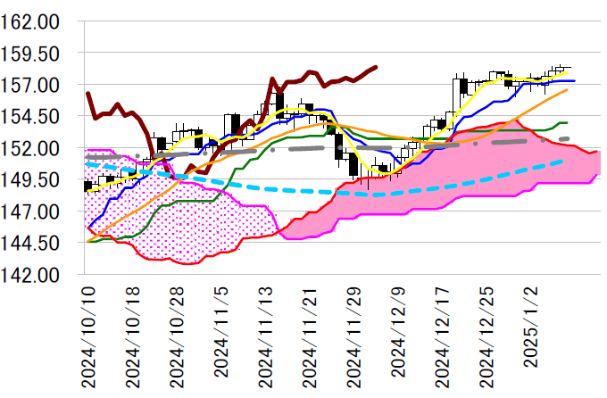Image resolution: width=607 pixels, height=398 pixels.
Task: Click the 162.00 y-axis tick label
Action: tap(30, 21)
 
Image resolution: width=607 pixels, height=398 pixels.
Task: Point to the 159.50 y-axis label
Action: tap(30, 54)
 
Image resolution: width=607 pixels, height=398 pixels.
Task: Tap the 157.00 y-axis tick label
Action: tap(30, 85)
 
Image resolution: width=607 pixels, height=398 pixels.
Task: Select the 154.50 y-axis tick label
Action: tap(30, 116)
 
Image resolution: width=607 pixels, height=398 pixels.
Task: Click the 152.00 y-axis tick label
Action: tap(30, 148)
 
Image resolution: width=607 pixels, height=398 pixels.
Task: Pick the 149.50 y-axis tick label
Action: tap(30, 179)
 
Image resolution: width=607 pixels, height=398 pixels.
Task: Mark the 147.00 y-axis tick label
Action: tap(30, 211)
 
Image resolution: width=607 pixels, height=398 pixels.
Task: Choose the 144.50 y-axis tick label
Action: tap(30, 243)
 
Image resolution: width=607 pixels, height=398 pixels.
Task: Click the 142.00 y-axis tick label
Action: tap(30, 275)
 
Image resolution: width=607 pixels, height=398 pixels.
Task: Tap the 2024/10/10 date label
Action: tap(87, 336)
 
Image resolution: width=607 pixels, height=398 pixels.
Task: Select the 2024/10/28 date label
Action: tap(177, 336)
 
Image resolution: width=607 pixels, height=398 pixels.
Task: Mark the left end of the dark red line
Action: tap(87, 93)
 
